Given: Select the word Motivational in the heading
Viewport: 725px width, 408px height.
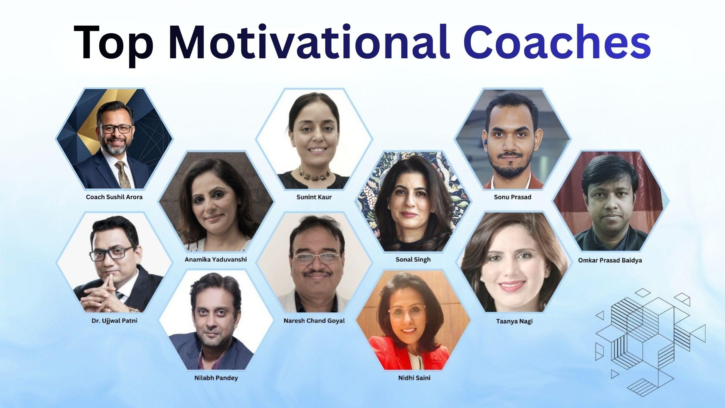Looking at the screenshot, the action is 309,42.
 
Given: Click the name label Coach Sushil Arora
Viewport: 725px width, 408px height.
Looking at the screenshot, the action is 114,197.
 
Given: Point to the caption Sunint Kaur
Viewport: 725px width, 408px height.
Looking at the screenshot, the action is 314,197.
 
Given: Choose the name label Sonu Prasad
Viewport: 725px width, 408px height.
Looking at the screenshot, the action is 513,197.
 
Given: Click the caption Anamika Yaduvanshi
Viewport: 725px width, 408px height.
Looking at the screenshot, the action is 216,259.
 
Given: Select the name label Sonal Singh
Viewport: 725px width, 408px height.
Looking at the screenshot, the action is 413,259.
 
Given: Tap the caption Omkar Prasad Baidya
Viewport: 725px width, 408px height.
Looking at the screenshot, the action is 610,260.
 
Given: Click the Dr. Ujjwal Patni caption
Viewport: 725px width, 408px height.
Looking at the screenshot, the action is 114,321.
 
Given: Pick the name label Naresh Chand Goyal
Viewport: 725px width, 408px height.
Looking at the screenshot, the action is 314,321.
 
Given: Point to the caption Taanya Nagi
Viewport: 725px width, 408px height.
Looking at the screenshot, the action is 514,321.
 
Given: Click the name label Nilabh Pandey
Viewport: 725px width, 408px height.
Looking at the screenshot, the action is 216,378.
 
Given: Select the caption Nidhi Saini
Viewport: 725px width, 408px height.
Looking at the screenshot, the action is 414,378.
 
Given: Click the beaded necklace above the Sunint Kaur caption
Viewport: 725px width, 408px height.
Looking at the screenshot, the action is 314,175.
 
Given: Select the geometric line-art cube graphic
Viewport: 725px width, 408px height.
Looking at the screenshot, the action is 651,342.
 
